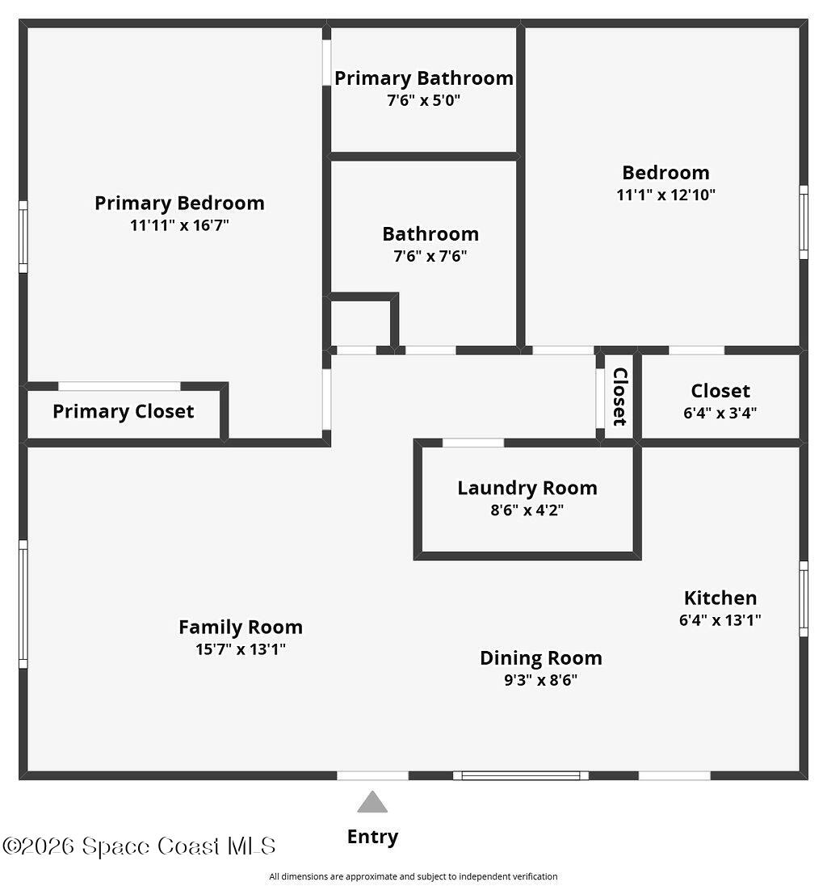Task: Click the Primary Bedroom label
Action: [179, 203]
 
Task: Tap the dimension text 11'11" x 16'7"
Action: [179, 225]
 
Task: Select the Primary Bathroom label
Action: [424, 78]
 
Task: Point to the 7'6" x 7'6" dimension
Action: [430, 257]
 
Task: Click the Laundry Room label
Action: [527, 488]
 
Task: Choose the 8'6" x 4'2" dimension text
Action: [527, 510]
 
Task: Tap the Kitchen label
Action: [720, 598]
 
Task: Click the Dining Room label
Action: [541, 658]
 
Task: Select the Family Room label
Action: [241, 627]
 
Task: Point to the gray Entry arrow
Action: [372, 802]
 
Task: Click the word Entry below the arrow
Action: [372, 837]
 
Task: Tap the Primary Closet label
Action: [124, 411]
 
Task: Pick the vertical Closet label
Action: [619, 397]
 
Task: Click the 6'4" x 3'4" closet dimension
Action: [720, 413]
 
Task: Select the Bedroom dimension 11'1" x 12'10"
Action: [665, 195]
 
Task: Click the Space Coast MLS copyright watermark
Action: [139, 846]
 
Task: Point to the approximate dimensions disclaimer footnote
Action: [413, 876]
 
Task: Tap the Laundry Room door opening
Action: [473, 443]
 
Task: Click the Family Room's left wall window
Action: [23, 604]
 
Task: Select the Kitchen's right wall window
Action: [804, 598]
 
